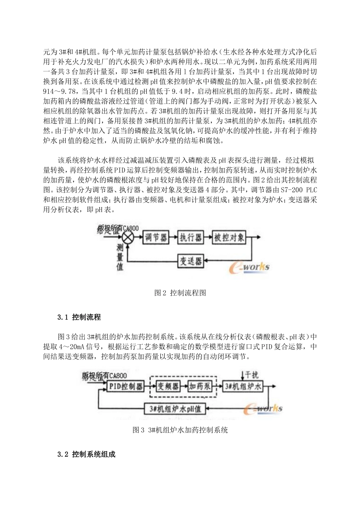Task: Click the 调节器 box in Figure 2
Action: point(156,238)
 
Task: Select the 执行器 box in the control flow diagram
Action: point(191,238)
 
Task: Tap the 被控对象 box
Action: point(229,238)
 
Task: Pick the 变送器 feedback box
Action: point(191,261)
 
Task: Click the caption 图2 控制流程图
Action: point(180,293)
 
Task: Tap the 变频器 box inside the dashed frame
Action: point(168,386)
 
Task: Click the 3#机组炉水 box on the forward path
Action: point(243,386)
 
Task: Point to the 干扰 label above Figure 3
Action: point(251,374)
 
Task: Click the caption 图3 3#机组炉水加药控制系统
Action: point(180,430)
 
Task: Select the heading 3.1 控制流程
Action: point(79,317)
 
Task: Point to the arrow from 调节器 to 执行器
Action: point(173,238)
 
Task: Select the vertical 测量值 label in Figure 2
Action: point(120,258)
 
